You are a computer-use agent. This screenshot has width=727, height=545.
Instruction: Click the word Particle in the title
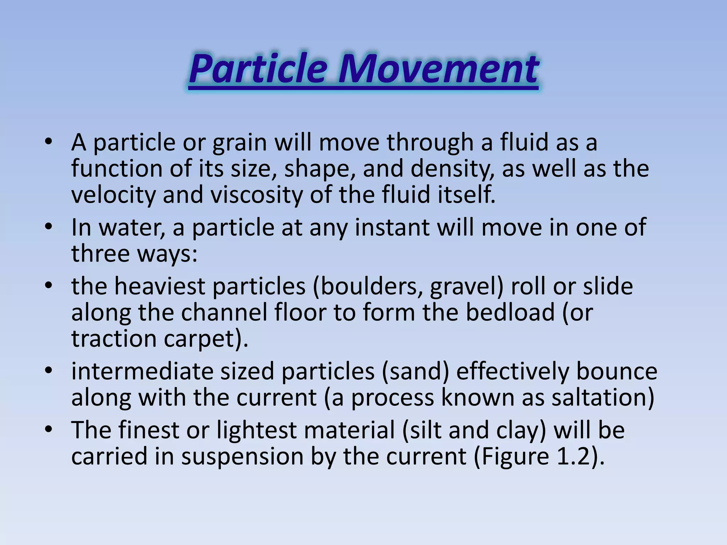click(258, 68)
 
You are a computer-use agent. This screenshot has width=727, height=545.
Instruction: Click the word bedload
click(510, 312)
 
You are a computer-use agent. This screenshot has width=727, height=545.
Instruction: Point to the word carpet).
click(206, 338)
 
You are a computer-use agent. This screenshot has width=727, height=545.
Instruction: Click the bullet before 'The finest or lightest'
click(49, 430)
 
